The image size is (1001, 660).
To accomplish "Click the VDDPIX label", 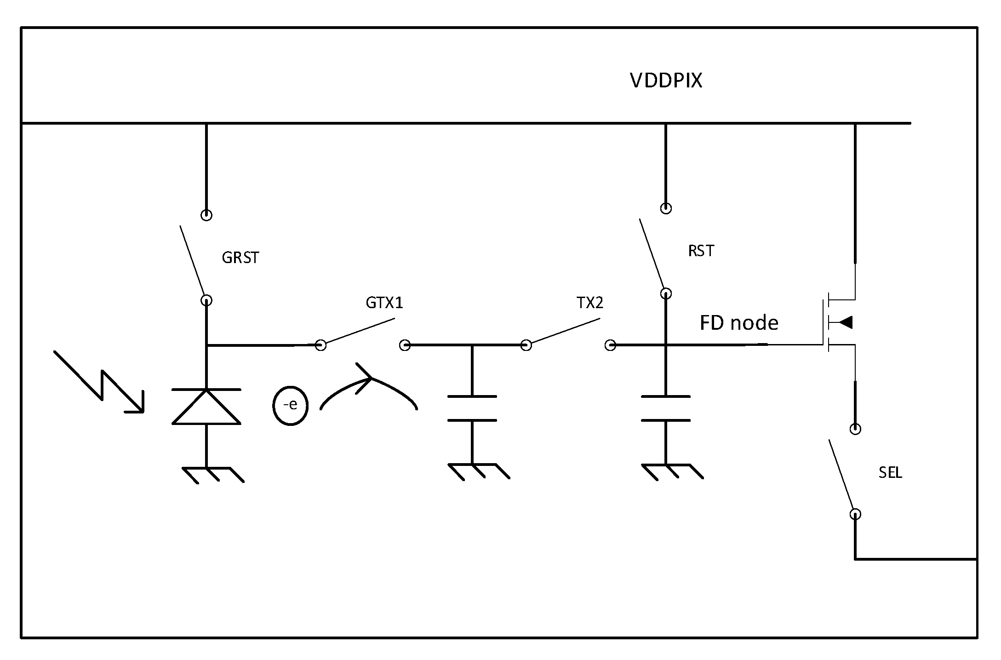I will tap(665, 81).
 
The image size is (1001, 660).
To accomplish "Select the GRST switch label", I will tap(240, 258).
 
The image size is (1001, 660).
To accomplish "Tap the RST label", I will tap(701, 251).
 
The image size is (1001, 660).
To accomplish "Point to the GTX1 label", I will tap(384, 303).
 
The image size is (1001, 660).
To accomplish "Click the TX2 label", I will tap(589, 303).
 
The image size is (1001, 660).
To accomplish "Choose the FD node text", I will tap(738, 323).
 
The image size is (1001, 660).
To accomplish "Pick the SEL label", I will tap(890, 473).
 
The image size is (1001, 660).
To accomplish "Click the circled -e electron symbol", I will tap(290, 405).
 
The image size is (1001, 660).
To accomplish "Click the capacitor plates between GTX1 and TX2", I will tap(472, 408).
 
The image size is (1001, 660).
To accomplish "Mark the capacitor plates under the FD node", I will tap(665, 408).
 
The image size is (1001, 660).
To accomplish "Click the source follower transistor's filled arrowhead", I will tap(845, 323).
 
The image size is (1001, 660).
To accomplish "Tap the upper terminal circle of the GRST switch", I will tap(206, 215).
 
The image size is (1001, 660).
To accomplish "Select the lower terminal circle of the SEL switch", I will tap(855, 514).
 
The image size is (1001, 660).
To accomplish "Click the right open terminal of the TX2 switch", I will tap(610, 345).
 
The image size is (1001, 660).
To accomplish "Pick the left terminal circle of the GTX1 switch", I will tap(320, 345).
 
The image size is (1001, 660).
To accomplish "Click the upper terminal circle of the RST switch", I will tap(665, 208).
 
